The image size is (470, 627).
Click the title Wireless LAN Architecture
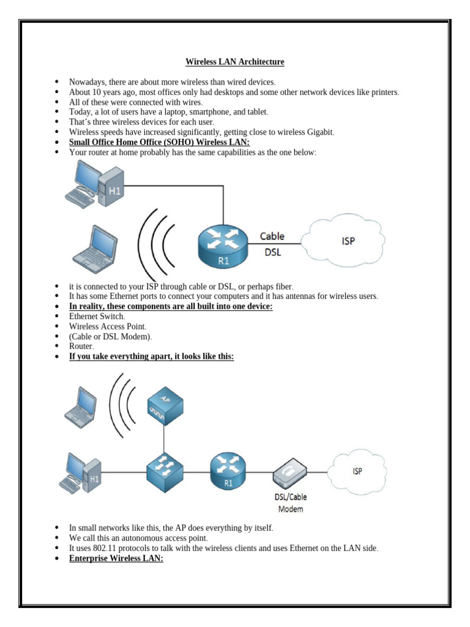[235, 62]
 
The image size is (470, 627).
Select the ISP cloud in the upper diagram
[346, 241]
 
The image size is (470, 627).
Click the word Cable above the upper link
[272, 236]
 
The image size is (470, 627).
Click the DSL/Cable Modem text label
[291, 503]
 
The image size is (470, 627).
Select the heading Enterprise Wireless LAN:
[116, 559]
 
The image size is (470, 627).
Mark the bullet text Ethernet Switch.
[97, 316]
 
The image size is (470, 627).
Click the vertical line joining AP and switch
[165, 437]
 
